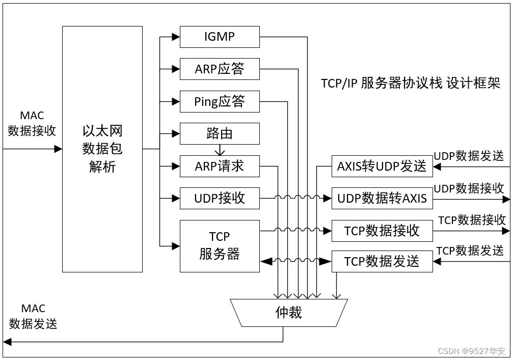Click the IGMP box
click(x=220, y=37)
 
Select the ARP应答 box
click(x=220, y=69)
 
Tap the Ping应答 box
click(x=220, y=101)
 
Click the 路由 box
click(x=220, y=133)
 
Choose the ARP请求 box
click(x=220, y=165)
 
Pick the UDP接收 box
click(x=220, y=198)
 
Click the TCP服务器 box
click(x=220, y=245)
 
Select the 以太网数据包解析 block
click(x=102, y=149)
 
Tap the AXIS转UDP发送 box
click(x=382, y=167)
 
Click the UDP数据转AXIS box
click(x=382, y=199)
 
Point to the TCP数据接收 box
click(x=382, y=231)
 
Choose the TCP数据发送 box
click(x=382, y=261)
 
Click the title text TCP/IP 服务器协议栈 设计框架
click(x=411, y=84)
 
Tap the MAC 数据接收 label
click(x=32, y=124)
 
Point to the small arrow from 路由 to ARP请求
click(x=220, y=150)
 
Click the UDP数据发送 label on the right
click(x=469, y=156)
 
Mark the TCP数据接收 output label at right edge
click(x=472, y=219)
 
